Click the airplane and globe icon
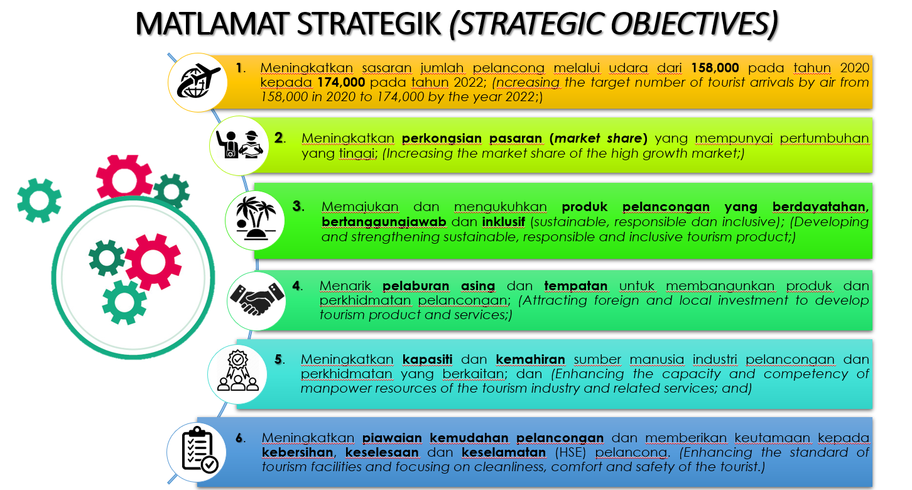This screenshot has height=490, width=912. point(198,81)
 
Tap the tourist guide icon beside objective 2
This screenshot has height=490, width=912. point(239,144)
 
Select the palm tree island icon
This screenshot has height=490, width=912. point(256,218)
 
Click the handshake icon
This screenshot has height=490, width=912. point(256,300)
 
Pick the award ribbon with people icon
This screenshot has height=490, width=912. point(238,371)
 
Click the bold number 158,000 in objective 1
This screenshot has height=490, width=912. point(715,68)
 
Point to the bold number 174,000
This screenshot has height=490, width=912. point(341,82)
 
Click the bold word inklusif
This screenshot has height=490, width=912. point(504,222)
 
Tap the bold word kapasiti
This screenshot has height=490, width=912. point(428,360)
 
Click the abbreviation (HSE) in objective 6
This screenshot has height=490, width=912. point(570,452)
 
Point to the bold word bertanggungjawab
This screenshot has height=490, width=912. point(384,222)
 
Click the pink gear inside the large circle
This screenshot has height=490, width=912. point(153,262)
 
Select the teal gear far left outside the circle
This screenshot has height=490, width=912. point(40,200)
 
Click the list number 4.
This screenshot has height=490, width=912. point(297,286)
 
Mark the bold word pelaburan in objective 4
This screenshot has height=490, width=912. point(416,286)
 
